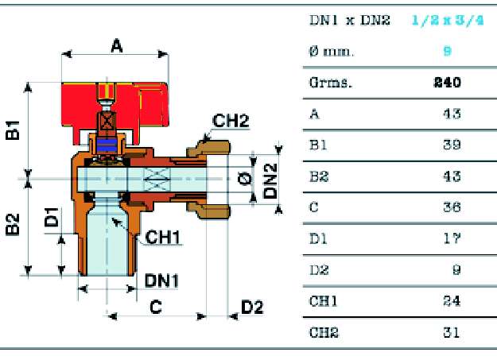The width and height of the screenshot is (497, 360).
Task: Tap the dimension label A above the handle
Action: (117, 48)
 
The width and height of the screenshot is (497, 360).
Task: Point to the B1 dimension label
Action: (13, 130)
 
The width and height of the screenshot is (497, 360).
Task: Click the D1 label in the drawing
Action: (51, 217)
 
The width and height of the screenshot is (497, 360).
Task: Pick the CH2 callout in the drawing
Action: (231, 121)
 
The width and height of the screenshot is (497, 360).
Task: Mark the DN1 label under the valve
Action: (162, 280)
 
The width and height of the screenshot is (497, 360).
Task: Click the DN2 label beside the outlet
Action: (271, 180)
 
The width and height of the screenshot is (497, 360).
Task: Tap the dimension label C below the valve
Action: (157, 308)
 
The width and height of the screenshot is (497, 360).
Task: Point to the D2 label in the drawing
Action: (252, 307)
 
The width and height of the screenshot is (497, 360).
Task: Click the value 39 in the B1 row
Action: (451, 145)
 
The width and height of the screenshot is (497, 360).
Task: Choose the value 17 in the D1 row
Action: (451, 238)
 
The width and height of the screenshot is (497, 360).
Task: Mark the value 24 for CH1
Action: (451, 300)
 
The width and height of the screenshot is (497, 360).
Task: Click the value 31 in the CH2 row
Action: (451, 331)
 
